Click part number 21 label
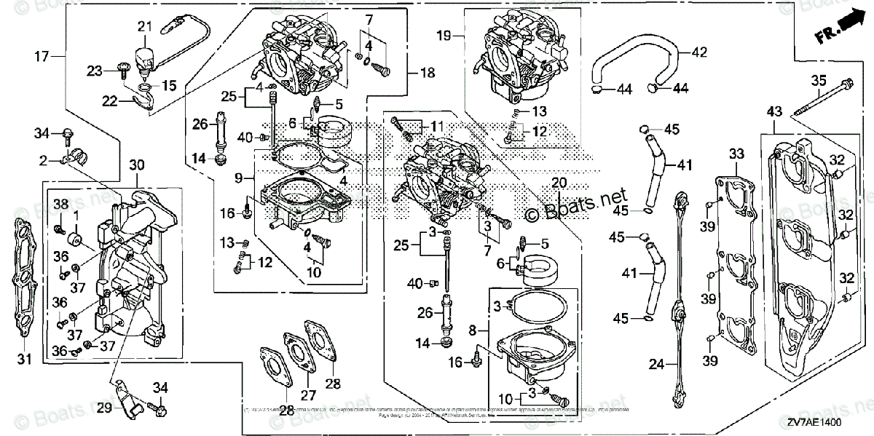pyautogui.click(x=143, y=27)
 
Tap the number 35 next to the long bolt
pyautogui.click(x=818, y=80)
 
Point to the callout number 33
pyautogui.click(x=736, y=154)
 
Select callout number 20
pyautogui.click(x=559, y=182)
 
